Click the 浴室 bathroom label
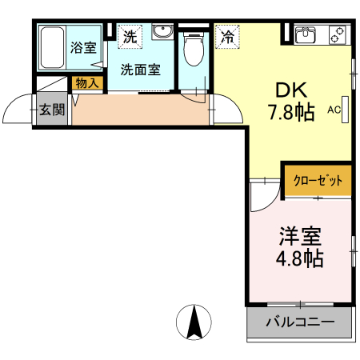click(82, 47)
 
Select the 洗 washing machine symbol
click(128, 37)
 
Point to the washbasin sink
click(162, 34)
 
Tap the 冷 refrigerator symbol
click(228, 36)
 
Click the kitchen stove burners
click(337, 35)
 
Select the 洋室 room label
click(300, 237)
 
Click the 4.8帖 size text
click(301, 260)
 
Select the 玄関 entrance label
click(52, 110)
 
